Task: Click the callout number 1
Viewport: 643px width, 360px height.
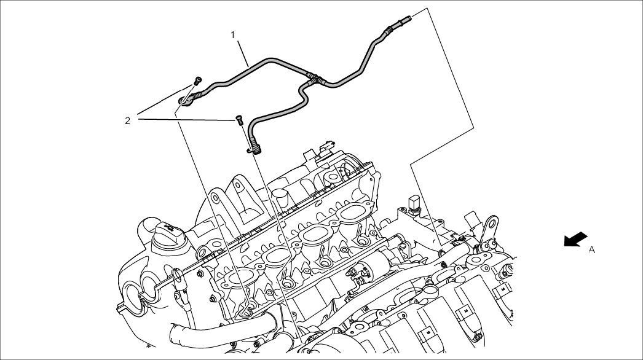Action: coord(233,35)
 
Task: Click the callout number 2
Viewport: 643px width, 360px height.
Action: coord(127,120)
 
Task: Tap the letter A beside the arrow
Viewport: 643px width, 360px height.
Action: coord(592,249)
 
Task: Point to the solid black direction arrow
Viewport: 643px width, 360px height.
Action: coord(575,239)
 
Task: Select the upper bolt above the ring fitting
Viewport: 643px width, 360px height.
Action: coord(198,80)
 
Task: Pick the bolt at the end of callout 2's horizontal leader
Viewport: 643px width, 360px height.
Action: coord(240,120)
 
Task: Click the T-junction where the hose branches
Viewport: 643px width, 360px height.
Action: coord(315,78)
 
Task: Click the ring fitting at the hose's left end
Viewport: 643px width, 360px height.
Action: coord(184,101)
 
